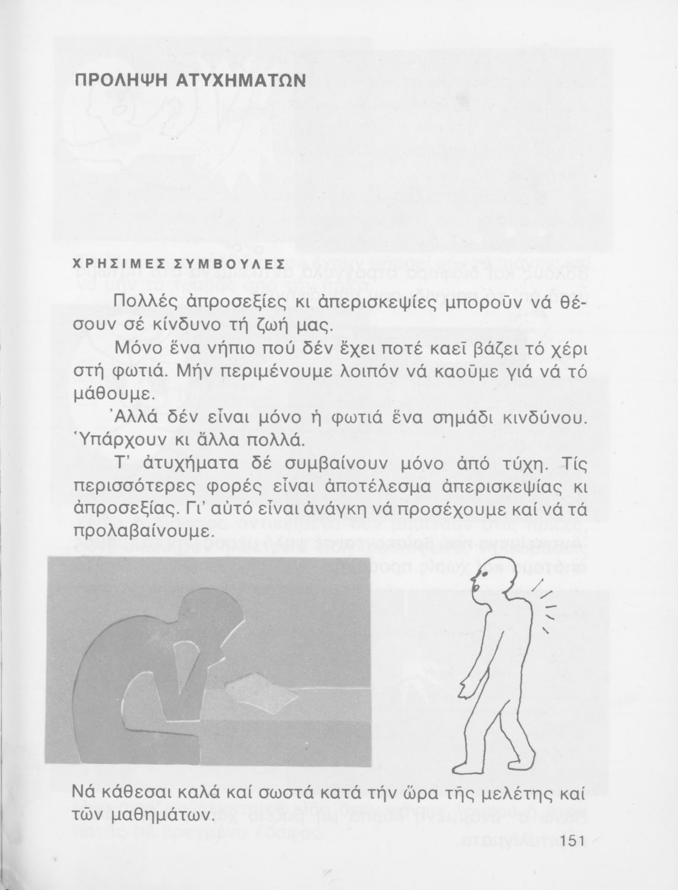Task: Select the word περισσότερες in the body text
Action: click(x=135, y=487)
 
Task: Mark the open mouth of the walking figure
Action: click(x=473, y=584)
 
